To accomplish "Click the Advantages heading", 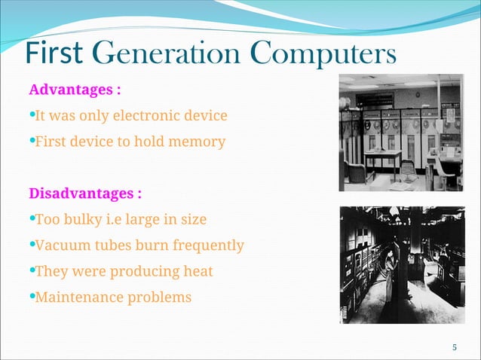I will tap(75, 90).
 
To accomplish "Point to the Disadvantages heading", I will tap(85, 193).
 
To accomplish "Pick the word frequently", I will tap(208, 246).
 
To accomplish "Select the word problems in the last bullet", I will tap(161, 297).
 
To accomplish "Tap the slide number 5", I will tap(455, 347).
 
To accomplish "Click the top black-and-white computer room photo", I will tap(400, 133).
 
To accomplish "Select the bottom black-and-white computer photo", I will tap(400, 264).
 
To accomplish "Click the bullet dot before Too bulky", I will tap(32, 218).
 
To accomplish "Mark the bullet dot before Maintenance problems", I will tap(32, 296).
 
